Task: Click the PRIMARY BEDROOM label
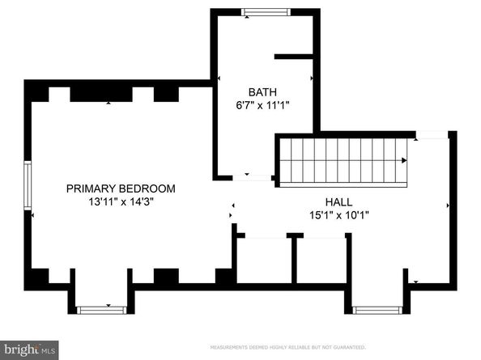[121, 188]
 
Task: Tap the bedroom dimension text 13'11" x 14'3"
[121, 202]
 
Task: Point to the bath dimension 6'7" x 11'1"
[262, 105]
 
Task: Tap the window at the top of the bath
[266, 12]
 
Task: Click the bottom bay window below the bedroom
[101, 309]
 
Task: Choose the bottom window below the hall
[377, 309]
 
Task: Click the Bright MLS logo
[29, 349]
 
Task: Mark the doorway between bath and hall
[258, 177]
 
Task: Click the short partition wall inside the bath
[293, 57]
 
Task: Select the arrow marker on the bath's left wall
[220, 78]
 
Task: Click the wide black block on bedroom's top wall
[100, 93]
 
